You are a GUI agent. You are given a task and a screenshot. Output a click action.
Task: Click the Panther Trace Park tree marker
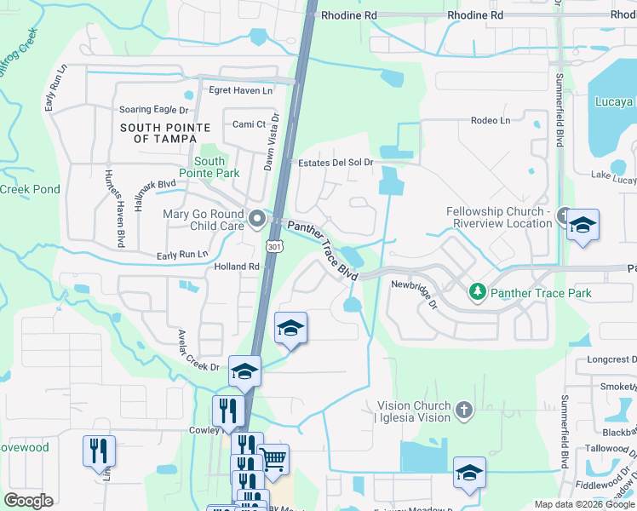477,293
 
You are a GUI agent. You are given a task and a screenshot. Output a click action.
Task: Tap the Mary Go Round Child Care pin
257,221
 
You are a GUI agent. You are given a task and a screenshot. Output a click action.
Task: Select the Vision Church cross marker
464,411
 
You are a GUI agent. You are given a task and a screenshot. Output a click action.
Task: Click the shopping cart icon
273,460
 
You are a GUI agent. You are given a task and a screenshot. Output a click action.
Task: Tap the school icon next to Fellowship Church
582,226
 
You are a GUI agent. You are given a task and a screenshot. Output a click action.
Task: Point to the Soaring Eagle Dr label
153,110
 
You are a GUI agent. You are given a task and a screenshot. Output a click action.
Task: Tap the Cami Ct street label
249,124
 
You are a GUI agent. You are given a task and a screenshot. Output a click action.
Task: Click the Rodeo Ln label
491,120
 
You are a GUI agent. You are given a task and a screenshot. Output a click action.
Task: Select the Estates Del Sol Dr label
336,163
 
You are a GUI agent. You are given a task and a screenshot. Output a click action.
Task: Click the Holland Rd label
237,267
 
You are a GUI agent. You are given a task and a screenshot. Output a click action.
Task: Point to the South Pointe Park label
209,167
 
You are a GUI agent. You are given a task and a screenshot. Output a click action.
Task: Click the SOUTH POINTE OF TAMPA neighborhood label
159,133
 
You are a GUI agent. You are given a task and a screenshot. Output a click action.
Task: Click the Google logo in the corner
28,500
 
